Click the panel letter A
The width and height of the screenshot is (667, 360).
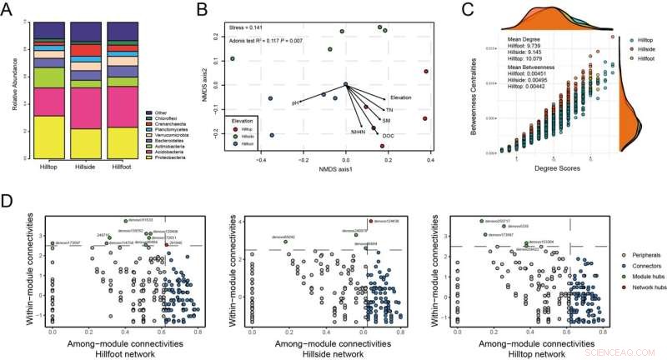[x=8, y=8]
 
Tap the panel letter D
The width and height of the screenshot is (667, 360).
[x=8, y=202]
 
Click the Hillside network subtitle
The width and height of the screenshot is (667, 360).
[x=337, y=353]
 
